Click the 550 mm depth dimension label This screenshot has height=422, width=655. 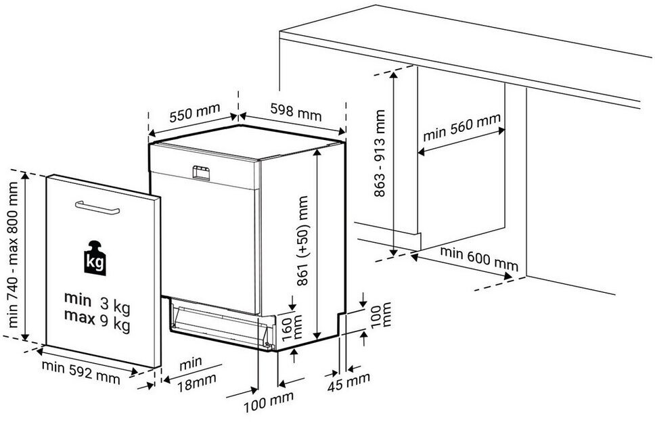pyautogui.click(x=195, y=112)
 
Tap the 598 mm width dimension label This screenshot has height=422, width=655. pyautogui.click(x=296, y=112)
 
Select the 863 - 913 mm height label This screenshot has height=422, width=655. pyautogui.click(x=380, y=154)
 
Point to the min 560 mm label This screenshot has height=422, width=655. pyautogui.click(x=461, y=127)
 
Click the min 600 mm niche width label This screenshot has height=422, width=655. pyautogui.click(x=479, y=258)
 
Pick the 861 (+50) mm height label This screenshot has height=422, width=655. pyautogui.click(x=302, y=241)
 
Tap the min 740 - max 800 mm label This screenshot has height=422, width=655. pyautogui.click(x=13, y=254)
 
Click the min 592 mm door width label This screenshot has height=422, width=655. pyautogui.click(x=81, y=372)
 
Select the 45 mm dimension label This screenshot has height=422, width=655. pyautogui.click(x=348, y=381)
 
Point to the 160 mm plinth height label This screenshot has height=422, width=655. pyautogui.click(x=291, y=327)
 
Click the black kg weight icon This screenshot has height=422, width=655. pyautogui.click(x=95, y=258)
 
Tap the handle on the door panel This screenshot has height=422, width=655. pyautogui.click(x=97, y=208)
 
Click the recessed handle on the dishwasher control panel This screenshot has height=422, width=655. pyautogui.click(x=201, y=172)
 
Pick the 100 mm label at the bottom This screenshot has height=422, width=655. pyautogui.click(x=268, y=402)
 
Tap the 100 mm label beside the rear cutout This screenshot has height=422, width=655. pyautogui.click(x=381, y=314)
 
